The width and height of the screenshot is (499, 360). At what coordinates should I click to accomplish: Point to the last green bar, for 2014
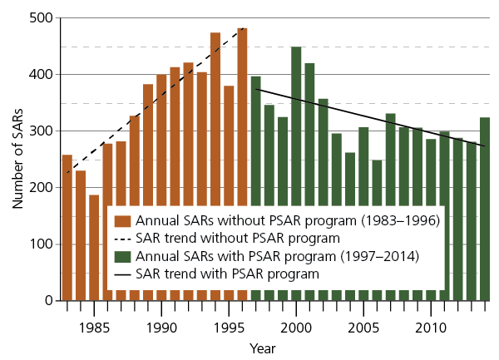point(485,208)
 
